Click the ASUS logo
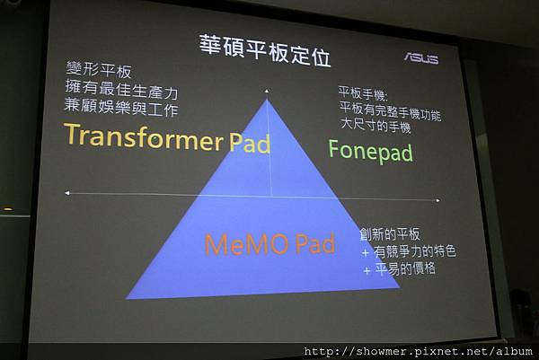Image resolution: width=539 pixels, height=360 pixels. pyautogui.click(x=421, y=58)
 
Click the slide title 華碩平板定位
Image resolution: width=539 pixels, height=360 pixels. pyautogui.click(x=265, y=50)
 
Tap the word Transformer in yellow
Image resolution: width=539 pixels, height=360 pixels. pyautogui.click(x=144, y=137)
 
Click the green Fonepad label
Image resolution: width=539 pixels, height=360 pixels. pyautogui.click(x=370, y=151)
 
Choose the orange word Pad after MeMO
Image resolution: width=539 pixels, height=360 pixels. pyautogui.click(x=315, y=243)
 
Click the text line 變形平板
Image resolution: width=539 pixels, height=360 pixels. pyautogui.click(x=99, y=70)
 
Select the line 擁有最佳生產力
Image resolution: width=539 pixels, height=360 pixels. pyautogui.click(x=121, y=89)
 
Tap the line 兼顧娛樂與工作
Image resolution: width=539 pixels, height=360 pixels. pyautogui.click(x=121, y=107)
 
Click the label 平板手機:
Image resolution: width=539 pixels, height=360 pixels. pyautogui.click(x=363, y=93)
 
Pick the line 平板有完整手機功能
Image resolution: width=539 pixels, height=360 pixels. pyautogui.click(x=390, y=110)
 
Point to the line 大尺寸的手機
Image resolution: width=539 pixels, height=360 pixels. pyautogui.click(x=376, y=126)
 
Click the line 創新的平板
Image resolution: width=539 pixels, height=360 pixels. pyautogui.click(x=390, y=234)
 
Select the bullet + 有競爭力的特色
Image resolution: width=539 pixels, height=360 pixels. pyautogui.click(x=409, y=251)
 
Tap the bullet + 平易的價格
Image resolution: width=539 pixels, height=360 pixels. pyautogui.click(x=400, y=269)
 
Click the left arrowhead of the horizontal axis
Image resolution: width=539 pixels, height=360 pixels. pyautogui.click(x=67, y=193)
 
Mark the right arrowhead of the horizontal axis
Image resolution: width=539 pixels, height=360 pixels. pyautogui.click(x=437, y=200)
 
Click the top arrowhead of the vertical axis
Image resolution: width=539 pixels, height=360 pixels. pyautogui.click(x=267, y=91)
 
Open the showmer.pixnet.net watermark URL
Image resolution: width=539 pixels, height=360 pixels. pyautogui.click(x=419, y=351)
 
